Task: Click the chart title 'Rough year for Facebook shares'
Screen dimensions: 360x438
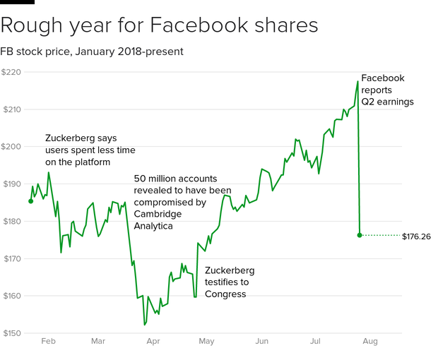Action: [159, 26]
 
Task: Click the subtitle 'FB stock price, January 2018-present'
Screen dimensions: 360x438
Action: [92, 52]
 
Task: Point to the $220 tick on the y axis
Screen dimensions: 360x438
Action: [11, 72]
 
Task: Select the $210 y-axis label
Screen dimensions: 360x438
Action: [11, 109]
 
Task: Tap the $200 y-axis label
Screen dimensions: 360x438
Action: [11, 147]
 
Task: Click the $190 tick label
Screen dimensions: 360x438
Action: [11, 184]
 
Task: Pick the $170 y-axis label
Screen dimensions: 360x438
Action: [11, 259]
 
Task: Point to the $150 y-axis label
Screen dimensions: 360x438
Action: [11, 333]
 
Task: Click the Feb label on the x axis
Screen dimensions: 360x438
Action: [48, 342]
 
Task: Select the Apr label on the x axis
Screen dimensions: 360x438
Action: [153, 342]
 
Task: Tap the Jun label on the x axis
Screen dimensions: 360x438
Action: [261, 342]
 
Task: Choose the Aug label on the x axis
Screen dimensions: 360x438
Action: [369, 342]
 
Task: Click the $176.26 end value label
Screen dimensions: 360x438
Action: [416, 236]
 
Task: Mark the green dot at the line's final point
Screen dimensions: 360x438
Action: [360, 235]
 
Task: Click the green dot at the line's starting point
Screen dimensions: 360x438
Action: [30, 201]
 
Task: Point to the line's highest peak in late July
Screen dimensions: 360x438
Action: [358, 81]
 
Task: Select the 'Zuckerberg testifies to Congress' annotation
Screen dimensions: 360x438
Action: [229, 282]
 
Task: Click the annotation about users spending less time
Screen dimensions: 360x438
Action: [90, 150]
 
